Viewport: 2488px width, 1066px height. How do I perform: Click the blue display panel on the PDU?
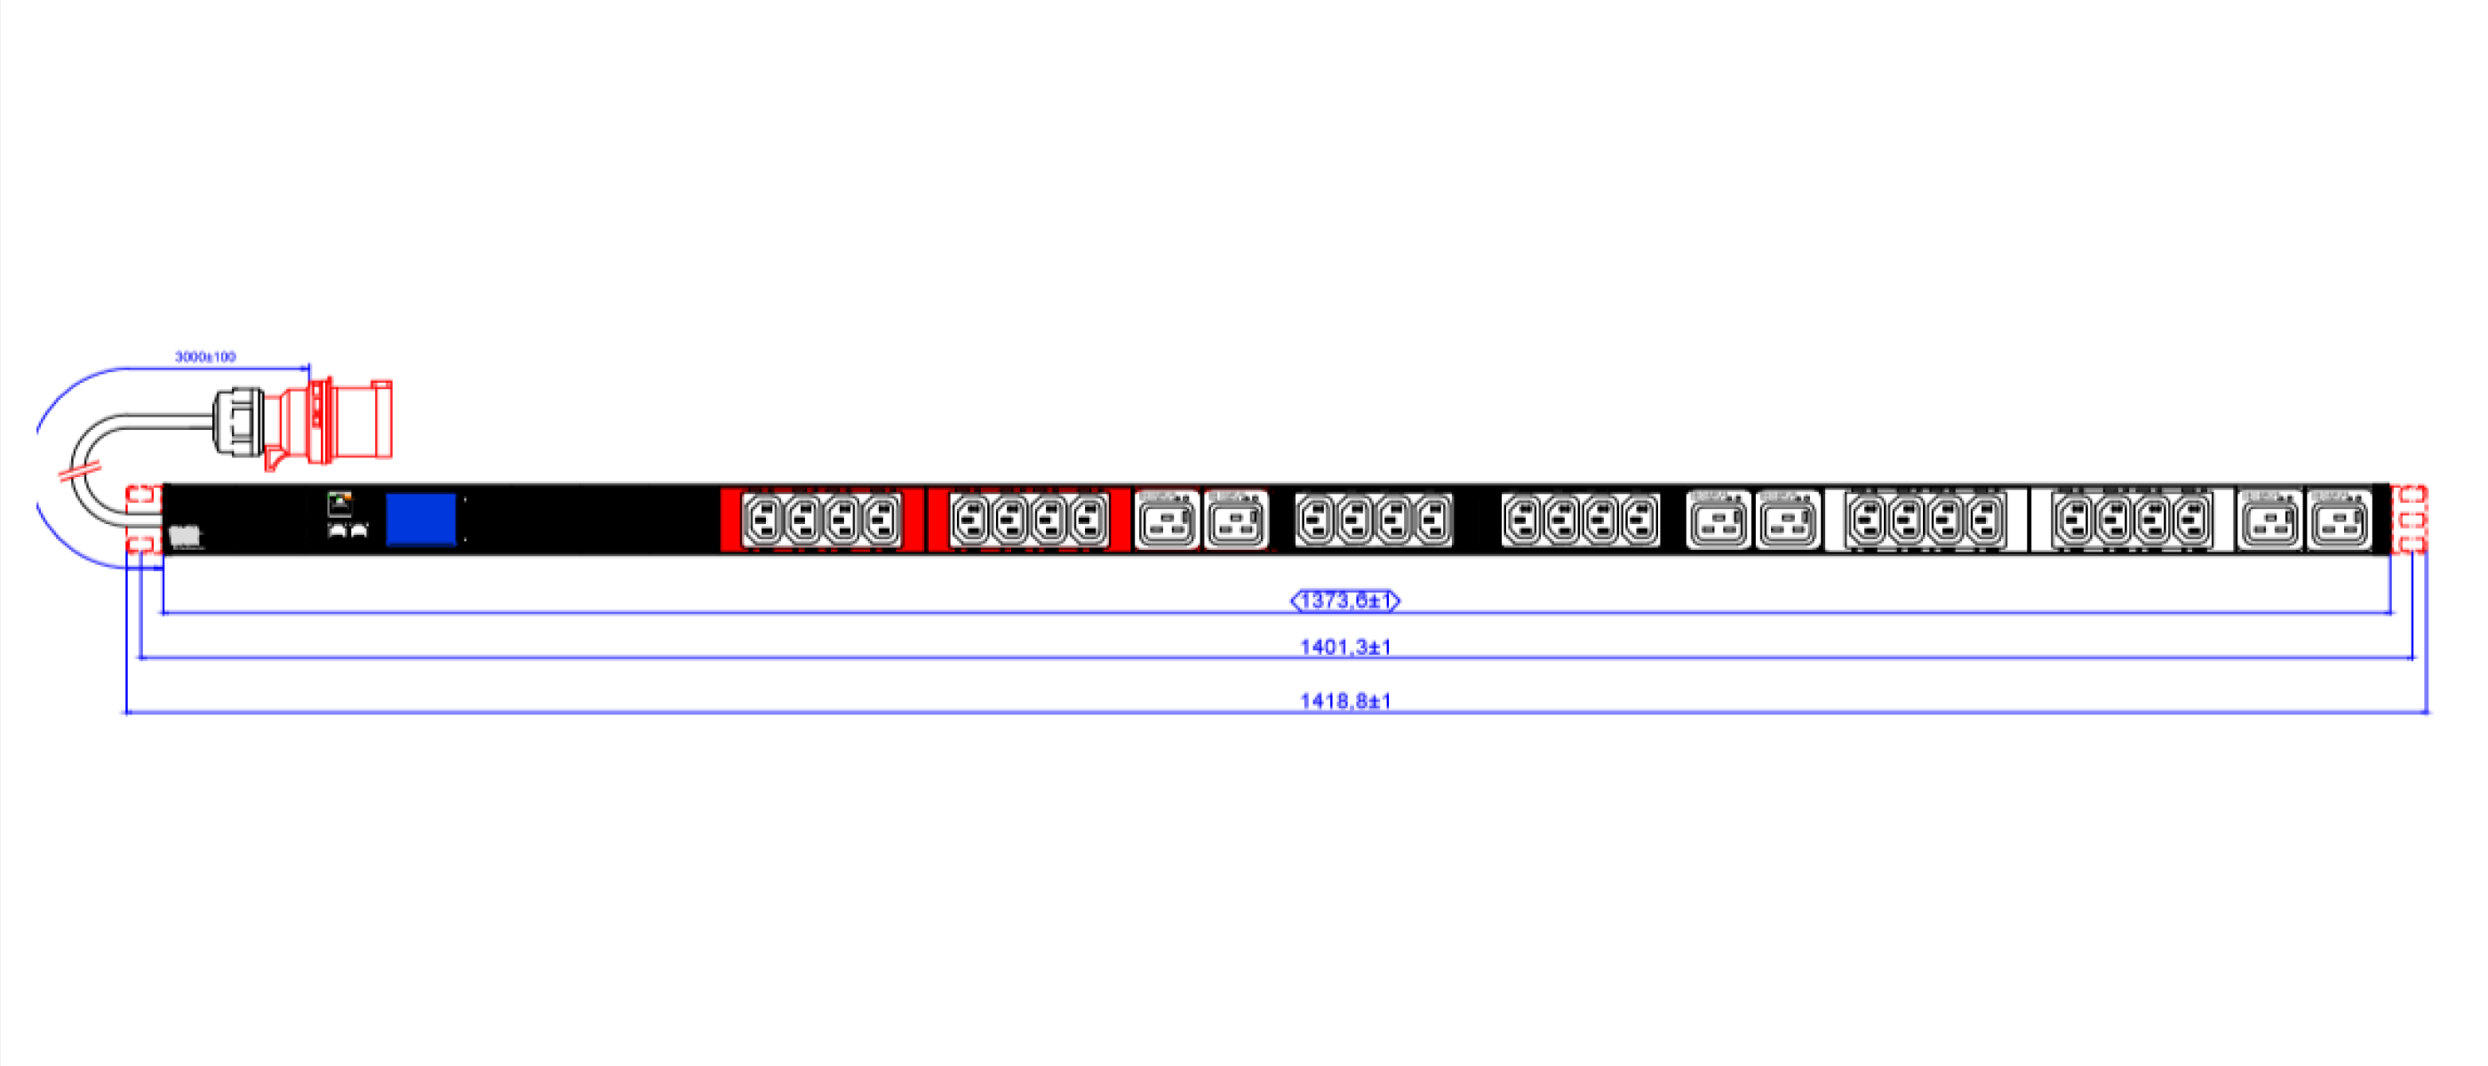421,520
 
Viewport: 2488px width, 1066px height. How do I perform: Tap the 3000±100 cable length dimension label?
204,356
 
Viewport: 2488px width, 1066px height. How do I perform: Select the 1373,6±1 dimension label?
1345,601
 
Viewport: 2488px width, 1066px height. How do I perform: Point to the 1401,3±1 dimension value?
1345,646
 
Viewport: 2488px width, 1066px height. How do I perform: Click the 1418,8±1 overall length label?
1345,700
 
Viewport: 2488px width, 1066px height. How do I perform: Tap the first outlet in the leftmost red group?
763,521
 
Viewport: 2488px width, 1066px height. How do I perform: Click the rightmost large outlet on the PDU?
2340,521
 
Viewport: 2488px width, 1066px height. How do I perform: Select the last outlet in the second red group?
1089,521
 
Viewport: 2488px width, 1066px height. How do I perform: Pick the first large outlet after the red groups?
1167,521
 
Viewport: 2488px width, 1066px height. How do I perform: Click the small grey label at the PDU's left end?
185,536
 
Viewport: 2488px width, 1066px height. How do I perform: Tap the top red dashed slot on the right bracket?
2411,497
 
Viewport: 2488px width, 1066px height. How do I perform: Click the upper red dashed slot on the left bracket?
142,497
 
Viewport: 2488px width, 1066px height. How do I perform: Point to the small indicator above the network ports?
339,502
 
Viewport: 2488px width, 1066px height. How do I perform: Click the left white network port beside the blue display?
338,530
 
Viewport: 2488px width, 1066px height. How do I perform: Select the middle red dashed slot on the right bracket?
2411,521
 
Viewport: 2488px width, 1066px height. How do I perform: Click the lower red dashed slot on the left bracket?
142,543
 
